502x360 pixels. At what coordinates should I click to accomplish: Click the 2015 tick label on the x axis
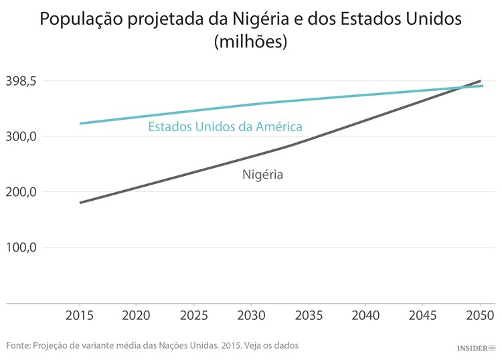click(79, 314)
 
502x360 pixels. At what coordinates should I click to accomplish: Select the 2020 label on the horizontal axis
click(137, 314)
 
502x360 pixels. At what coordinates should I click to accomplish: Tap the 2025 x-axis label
click(193, 314)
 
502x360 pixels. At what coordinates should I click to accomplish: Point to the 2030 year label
click(251, 314)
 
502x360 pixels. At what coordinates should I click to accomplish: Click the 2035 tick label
click(308, 314)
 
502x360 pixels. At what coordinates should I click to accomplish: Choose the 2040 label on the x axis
click(365, 314)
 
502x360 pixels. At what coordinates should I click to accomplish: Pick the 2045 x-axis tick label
click(422, 314)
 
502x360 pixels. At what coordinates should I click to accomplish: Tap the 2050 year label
click(480, 314)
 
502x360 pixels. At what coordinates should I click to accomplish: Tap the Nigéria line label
click(262, 175)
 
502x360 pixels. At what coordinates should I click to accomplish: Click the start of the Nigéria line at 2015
click(80, 202)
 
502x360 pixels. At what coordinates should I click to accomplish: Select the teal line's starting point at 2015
click(80, 123)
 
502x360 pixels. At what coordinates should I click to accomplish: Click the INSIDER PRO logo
click(475, 348)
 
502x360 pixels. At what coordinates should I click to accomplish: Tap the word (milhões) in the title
click(250, 41)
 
